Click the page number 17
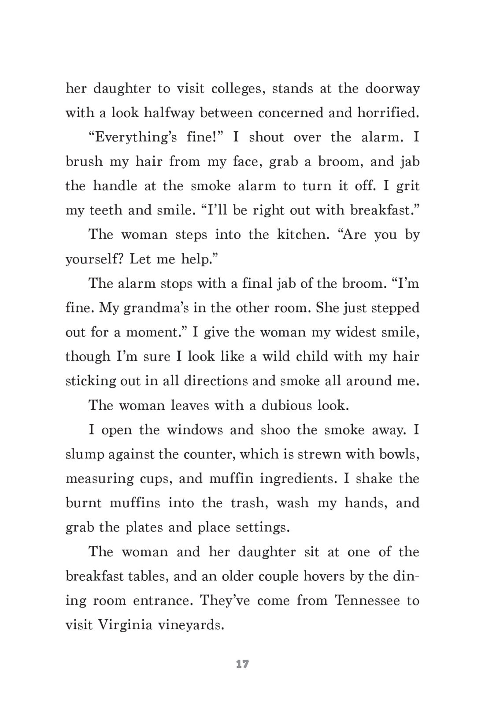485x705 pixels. [x=242, y=664]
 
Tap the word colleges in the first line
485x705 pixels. [x=237, y=89]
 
